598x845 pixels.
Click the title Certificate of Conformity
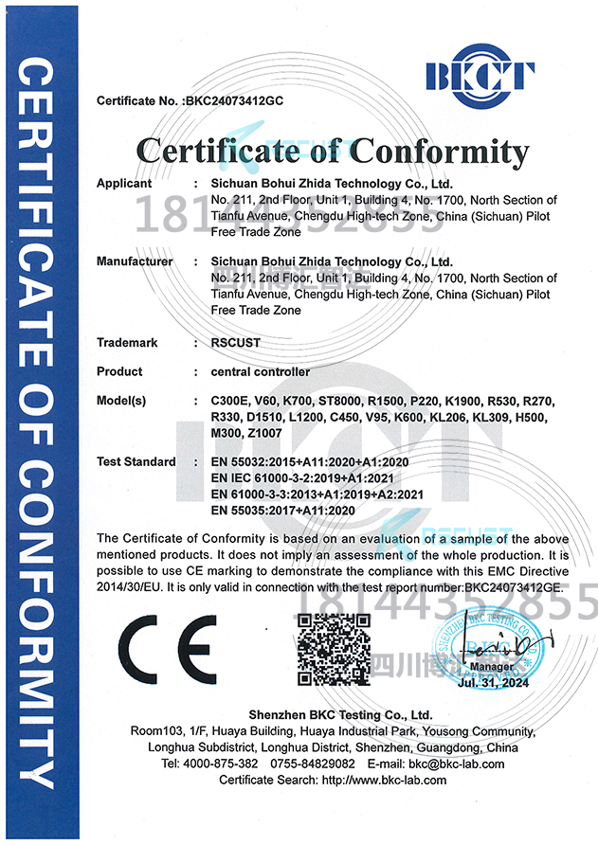(332, 152)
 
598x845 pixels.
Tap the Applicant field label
(124, 183)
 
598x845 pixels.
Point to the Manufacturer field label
(135, 261)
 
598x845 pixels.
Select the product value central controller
(260, 371)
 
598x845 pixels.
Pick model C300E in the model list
(230, 401)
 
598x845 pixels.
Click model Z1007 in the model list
(265, 433)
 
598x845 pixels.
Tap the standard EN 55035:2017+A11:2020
(282, 510)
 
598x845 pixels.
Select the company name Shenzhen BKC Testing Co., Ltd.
(327, 715)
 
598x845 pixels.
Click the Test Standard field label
(136, 461)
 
